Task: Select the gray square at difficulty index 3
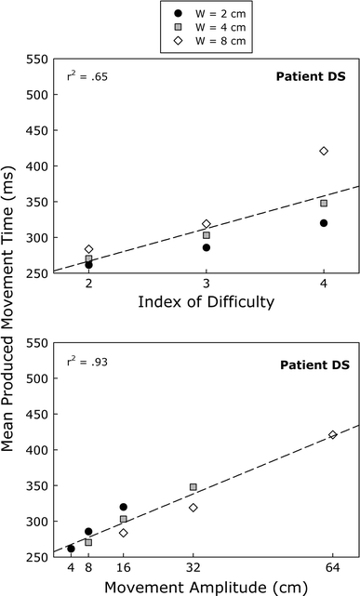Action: (207, 235)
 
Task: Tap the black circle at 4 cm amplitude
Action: (71, 549)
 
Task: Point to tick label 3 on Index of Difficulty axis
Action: (207, 286)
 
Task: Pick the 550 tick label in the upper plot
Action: (39, 59)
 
